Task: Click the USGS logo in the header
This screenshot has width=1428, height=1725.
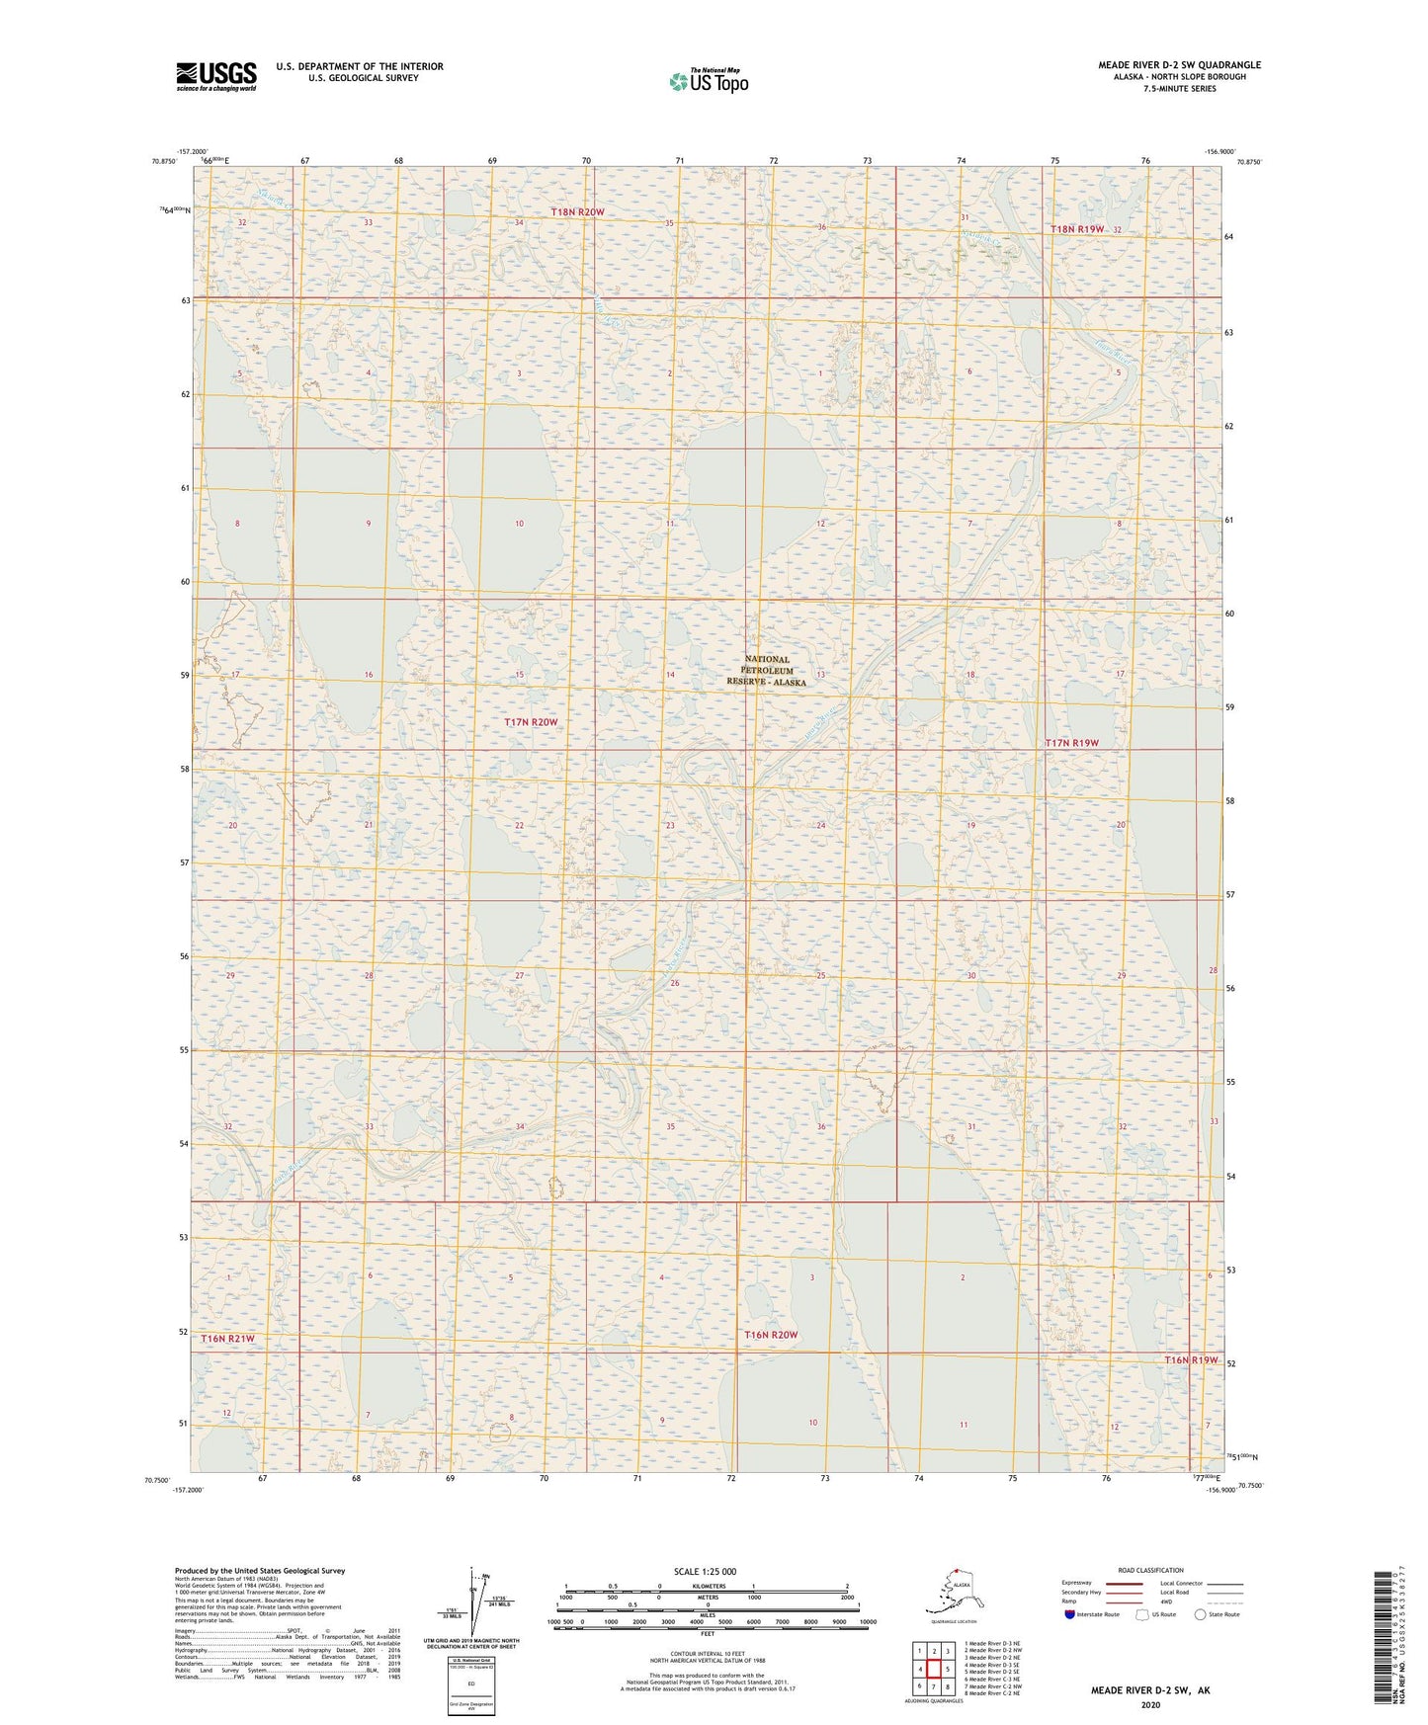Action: [x=216, y=76]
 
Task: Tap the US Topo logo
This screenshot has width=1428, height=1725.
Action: [x=709, y=81]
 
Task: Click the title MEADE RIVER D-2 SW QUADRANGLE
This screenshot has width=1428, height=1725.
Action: [x=1179, y=65]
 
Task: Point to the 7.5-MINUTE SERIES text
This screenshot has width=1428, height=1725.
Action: [x=1179, y=89]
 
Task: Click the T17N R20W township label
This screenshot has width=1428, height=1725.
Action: [x=532, y=722]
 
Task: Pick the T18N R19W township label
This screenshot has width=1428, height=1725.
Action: [x=1077, y=229]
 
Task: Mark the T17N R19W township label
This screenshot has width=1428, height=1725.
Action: [x=1072, y=742]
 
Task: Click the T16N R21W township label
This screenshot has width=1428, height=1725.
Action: [x=227, y=1339]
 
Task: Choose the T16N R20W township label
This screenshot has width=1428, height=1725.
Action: [x=770, y=1335]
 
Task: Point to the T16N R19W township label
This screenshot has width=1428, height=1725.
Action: [x=1191, y=1360]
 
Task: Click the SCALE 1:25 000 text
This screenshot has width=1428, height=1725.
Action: [x=705, y=1572]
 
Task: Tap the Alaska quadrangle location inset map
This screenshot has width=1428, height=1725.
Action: [x=954, y=1596]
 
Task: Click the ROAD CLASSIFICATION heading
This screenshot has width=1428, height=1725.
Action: [x=1150, y=1570]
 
